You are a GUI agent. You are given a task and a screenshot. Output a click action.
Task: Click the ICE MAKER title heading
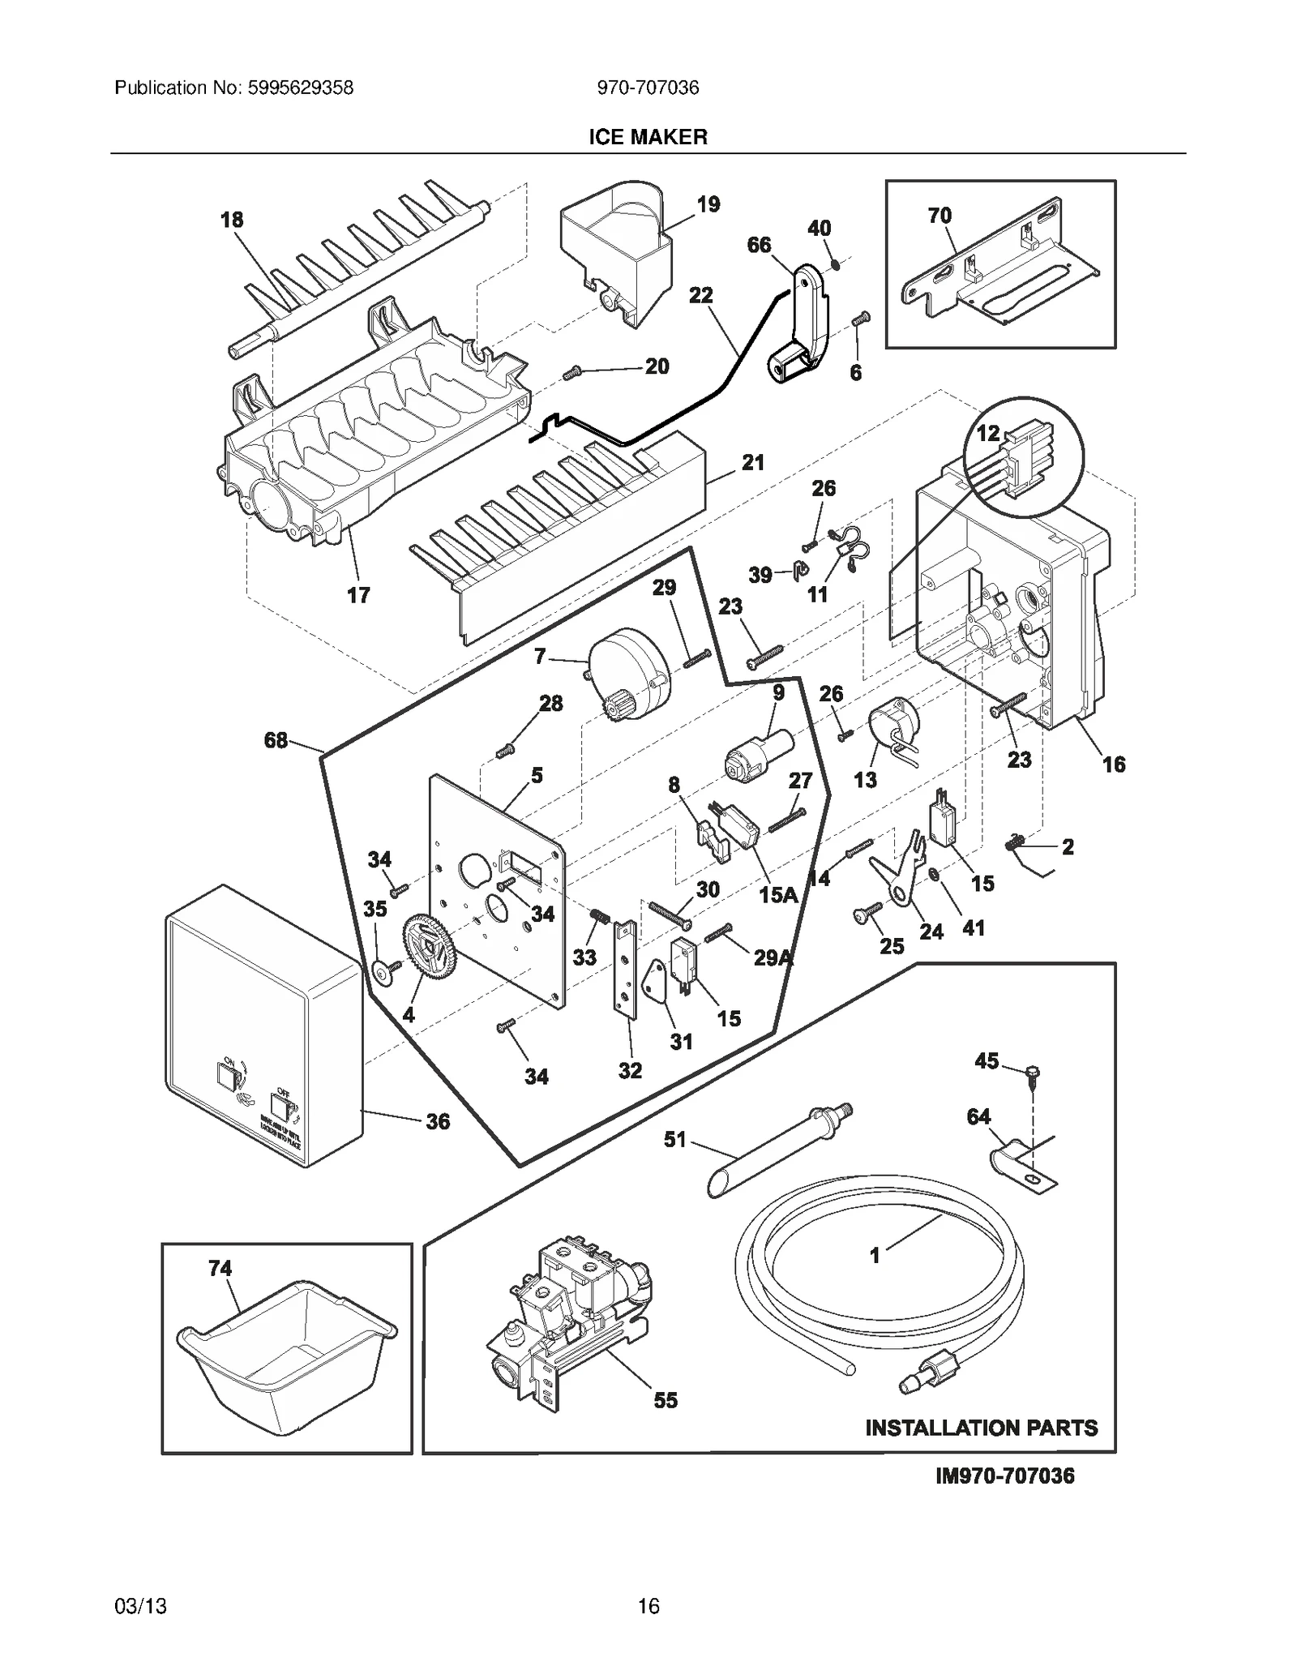point(648,137)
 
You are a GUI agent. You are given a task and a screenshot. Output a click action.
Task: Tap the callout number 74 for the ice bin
point(220,1268)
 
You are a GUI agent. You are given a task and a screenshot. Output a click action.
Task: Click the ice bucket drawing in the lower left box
point(285,1352)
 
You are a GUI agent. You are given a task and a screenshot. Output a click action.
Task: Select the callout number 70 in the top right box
point(940,216)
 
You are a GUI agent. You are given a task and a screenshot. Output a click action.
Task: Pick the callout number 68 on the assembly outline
point(276,739)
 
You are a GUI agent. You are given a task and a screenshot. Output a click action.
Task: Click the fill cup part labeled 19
point(616,251)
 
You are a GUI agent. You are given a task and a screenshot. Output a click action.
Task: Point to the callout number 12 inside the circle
point(987,434)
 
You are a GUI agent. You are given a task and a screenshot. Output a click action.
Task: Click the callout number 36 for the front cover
point(438,1121)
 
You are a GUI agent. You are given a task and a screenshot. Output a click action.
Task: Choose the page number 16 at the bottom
point(648,1606)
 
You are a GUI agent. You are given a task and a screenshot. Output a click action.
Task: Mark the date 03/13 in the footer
point(140,1606)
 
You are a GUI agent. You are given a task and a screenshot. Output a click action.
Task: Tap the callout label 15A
point(778,894)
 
